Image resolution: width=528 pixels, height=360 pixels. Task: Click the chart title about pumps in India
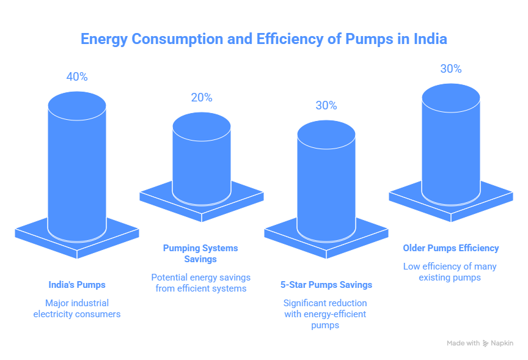tap(264, 39)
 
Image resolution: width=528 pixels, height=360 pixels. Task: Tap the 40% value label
tap(77, 77)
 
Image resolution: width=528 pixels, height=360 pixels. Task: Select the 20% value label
tap(202, 98)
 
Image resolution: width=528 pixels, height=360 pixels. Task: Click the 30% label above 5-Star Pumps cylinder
tap(326, 105)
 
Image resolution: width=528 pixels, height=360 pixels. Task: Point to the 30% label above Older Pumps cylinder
tap(450, 69)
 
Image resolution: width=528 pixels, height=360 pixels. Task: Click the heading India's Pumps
tap(77, 285)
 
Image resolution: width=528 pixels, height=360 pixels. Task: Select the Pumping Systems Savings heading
tap(200, 254)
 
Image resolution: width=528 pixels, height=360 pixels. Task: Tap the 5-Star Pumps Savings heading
tap(326, 285)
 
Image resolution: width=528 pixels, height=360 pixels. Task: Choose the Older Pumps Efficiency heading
tap(451, 248)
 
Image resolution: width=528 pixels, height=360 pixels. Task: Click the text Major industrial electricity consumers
tap(77, 309)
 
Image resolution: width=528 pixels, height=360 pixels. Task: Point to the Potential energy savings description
tap(200, 282)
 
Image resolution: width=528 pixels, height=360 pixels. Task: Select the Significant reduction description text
tap(326, 314)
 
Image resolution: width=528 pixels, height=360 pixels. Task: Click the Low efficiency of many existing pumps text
tap(450, 272)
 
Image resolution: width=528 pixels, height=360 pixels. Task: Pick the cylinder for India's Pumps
tap(77, 165)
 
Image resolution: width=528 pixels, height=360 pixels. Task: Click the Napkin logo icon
tap(486, 343)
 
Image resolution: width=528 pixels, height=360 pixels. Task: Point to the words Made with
tap(463, 343)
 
